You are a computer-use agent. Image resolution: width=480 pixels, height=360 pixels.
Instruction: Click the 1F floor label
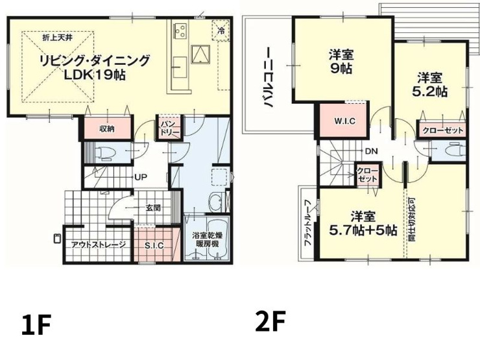(36, 324)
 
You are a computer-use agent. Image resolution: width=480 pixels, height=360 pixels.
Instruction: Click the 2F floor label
(270, 321)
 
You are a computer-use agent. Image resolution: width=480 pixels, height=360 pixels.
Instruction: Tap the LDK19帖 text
(95, 75)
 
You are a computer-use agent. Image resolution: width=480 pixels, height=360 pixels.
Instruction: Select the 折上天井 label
(57, 38)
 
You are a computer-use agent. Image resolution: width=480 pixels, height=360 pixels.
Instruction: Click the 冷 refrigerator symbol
(221, 30)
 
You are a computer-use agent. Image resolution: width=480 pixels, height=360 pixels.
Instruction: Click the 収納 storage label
(107, 129)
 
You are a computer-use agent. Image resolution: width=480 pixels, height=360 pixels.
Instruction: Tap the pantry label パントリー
(169, 128)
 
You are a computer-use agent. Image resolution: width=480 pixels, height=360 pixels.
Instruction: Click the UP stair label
(141, 177)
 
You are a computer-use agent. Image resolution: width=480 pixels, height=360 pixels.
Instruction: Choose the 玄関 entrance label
(153, 208)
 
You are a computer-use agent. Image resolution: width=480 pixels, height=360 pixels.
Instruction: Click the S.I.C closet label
(154, 245)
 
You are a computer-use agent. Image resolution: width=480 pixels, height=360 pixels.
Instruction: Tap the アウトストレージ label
(98, 245)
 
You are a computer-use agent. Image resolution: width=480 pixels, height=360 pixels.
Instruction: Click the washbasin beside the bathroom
(217, 202)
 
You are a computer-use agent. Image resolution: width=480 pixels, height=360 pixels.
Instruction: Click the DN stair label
(372, 151)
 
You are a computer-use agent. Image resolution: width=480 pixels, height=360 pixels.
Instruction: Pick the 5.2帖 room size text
(430, 92)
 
